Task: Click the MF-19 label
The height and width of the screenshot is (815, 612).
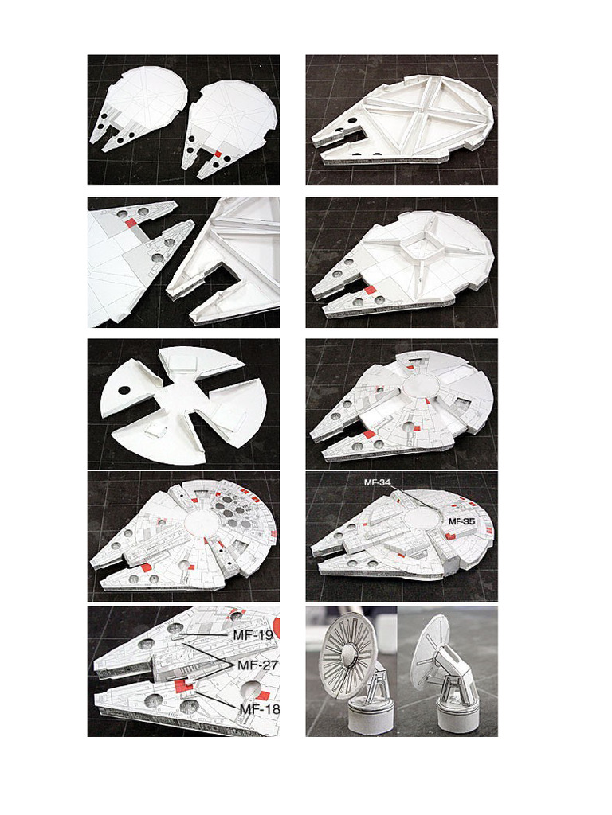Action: [x=253, y=634]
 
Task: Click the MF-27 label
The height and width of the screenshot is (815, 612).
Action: [x=257, y=665]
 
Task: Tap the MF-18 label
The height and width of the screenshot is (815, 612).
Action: [x=259, y=708]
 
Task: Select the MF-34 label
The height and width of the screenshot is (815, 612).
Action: [x=377, y=482]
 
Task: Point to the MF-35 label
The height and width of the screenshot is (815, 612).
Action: [x=461, y=521]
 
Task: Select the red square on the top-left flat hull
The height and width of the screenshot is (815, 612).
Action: [x=218, y=154]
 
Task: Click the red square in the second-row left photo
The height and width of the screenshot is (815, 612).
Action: [x=131, y=224]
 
